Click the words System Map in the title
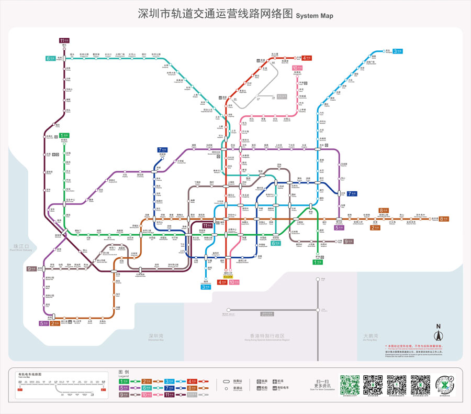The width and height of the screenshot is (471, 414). (315, 15)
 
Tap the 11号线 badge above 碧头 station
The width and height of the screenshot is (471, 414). (64, 40)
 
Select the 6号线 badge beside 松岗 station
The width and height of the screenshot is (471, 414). (51, 58)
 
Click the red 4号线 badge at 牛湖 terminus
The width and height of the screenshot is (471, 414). (307, 58)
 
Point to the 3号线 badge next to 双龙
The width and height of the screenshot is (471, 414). (398, 51)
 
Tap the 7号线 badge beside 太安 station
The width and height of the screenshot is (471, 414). (352, 193)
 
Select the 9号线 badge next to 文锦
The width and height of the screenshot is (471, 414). (349, 242)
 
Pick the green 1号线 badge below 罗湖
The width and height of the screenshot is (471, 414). (317, 262)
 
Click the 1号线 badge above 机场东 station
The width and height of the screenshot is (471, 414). (64, 135)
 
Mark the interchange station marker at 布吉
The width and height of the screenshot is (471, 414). (317, 150)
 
